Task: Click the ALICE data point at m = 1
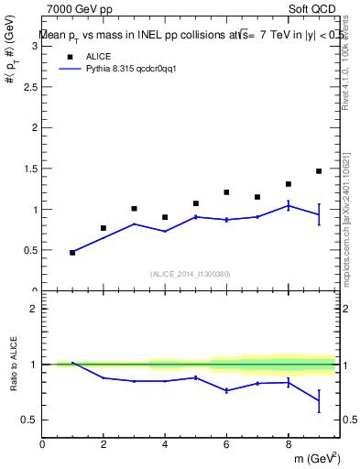pos(72,252)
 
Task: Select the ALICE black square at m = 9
pos(319,171)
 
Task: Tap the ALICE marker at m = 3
pos(134,209)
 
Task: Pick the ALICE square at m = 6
pos(226,192)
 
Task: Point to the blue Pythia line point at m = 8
pos(288,205)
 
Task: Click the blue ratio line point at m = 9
pos(319,400)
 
